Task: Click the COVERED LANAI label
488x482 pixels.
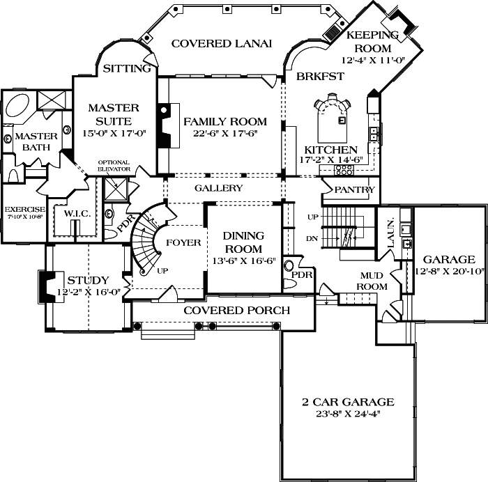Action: click(x=221, y=43)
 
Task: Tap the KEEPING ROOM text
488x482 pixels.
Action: click(x=372, y=41)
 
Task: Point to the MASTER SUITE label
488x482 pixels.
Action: click(x=114, y=114)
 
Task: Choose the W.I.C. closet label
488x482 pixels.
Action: click(x=77, y=212)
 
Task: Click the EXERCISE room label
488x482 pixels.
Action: click(x=24, y=209)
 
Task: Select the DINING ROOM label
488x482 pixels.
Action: click(x=243, y=242)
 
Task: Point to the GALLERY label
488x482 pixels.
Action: click(x=218, y=188)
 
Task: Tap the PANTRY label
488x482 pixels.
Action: click(x=355, y=189)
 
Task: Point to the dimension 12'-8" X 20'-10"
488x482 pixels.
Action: click(x=450, y=271)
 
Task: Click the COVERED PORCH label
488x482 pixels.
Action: click(x=236, y=310)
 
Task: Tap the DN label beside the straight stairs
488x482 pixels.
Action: click(x=312, y=239)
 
